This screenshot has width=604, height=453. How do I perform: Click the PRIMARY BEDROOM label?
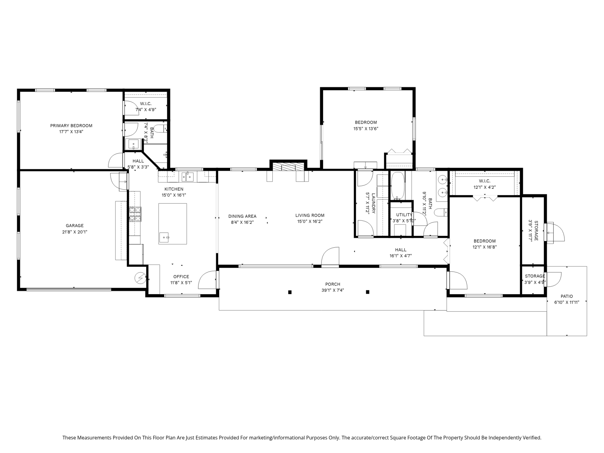71,126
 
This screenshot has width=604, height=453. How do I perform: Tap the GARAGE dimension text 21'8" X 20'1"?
75,232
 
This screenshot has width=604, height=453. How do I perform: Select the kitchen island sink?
164,237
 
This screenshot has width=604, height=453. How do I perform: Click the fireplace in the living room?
288,167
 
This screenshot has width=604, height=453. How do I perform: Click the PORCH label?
333,284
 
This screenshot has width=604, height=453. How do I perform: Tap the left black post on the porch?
290,292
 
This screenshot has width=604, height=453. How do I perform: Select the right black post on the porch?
367,292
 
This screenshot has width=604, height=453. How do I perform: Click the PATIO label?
567,296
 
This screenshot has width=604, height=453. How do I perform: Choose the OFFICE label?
181,277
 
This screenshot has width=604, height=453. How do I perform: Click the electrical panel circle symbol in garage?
140,278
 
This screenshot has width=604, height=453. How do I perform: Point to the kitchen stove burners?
135,214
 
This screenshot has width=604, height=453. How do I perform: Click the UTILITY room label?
404,215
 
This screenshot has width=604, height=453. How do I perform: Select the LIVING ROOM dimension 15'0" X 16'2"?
310,221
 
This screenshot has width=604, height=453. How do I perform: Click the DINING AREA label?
242,216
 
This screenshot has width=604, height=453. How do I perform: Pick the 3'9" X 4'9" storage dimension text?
535,282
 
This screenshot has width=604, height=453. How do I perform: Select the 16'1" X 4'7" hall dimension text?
401,256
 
